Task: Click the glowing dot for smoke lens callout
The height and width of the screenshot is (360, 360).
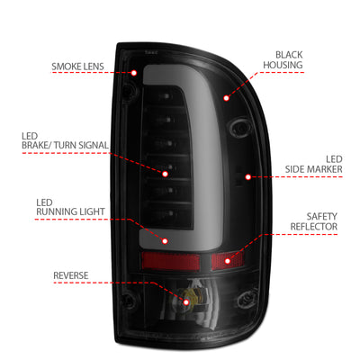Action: pyautogui.click(x=133, y=71)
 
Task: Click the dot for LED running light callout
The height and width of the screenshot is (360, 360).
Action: pyautogui.click(x=165, y=241)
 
